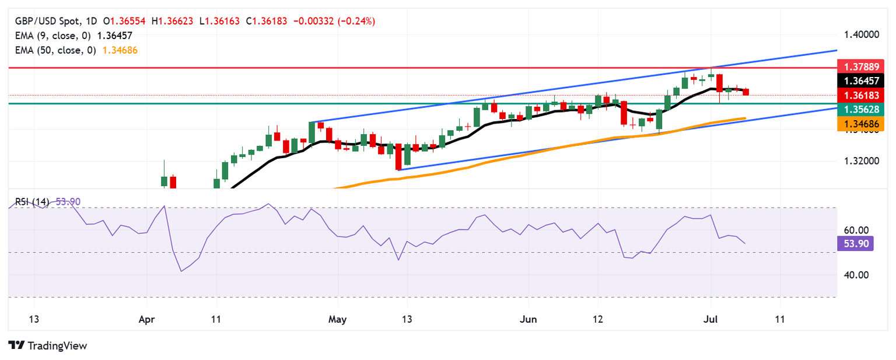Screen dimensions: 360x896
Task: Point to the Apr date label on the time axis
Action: tap(146, 320)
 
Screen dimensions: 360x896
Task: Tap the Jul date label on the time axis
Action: tap(710, 320)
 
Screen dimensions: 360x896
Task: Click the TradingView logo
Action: tap(48, 345)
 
